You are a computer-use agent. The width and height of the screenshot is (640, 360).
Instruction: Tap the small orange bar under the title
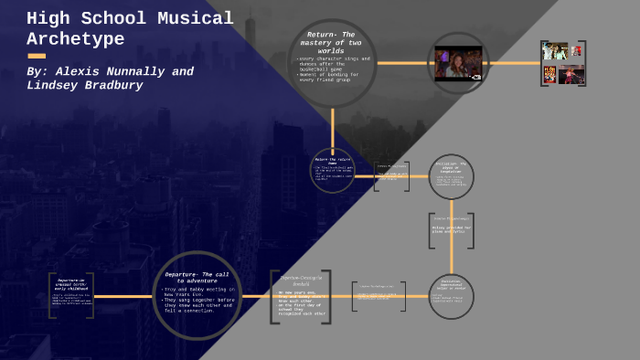point(37,56)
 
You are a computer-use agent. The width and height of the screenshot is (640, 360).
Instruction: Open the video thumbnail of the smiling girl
point(458,63)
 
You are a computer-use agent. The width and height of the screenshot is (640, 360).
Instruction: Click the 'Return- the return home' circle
point(332,171)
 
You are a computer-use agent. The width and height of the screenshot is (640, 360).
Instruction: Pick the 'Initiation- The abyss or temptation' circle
point(451,176)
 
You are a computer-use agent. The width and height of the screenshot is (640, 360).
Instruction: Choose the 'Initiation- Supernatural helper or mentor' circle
point(451,295)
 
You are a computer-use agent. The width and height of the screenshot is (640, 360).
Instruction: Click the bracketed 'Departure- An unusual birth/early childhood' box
point(71,295)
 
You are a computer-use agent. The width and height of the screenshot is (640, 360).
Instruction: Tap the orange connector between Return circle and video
point(402,63)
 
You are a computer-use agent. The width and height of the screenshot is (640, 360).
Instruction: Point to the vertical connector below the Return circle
point(332,128)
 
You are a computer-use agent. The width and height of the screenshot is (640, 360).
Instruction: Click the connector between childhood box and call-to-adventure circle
point(123,295)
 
